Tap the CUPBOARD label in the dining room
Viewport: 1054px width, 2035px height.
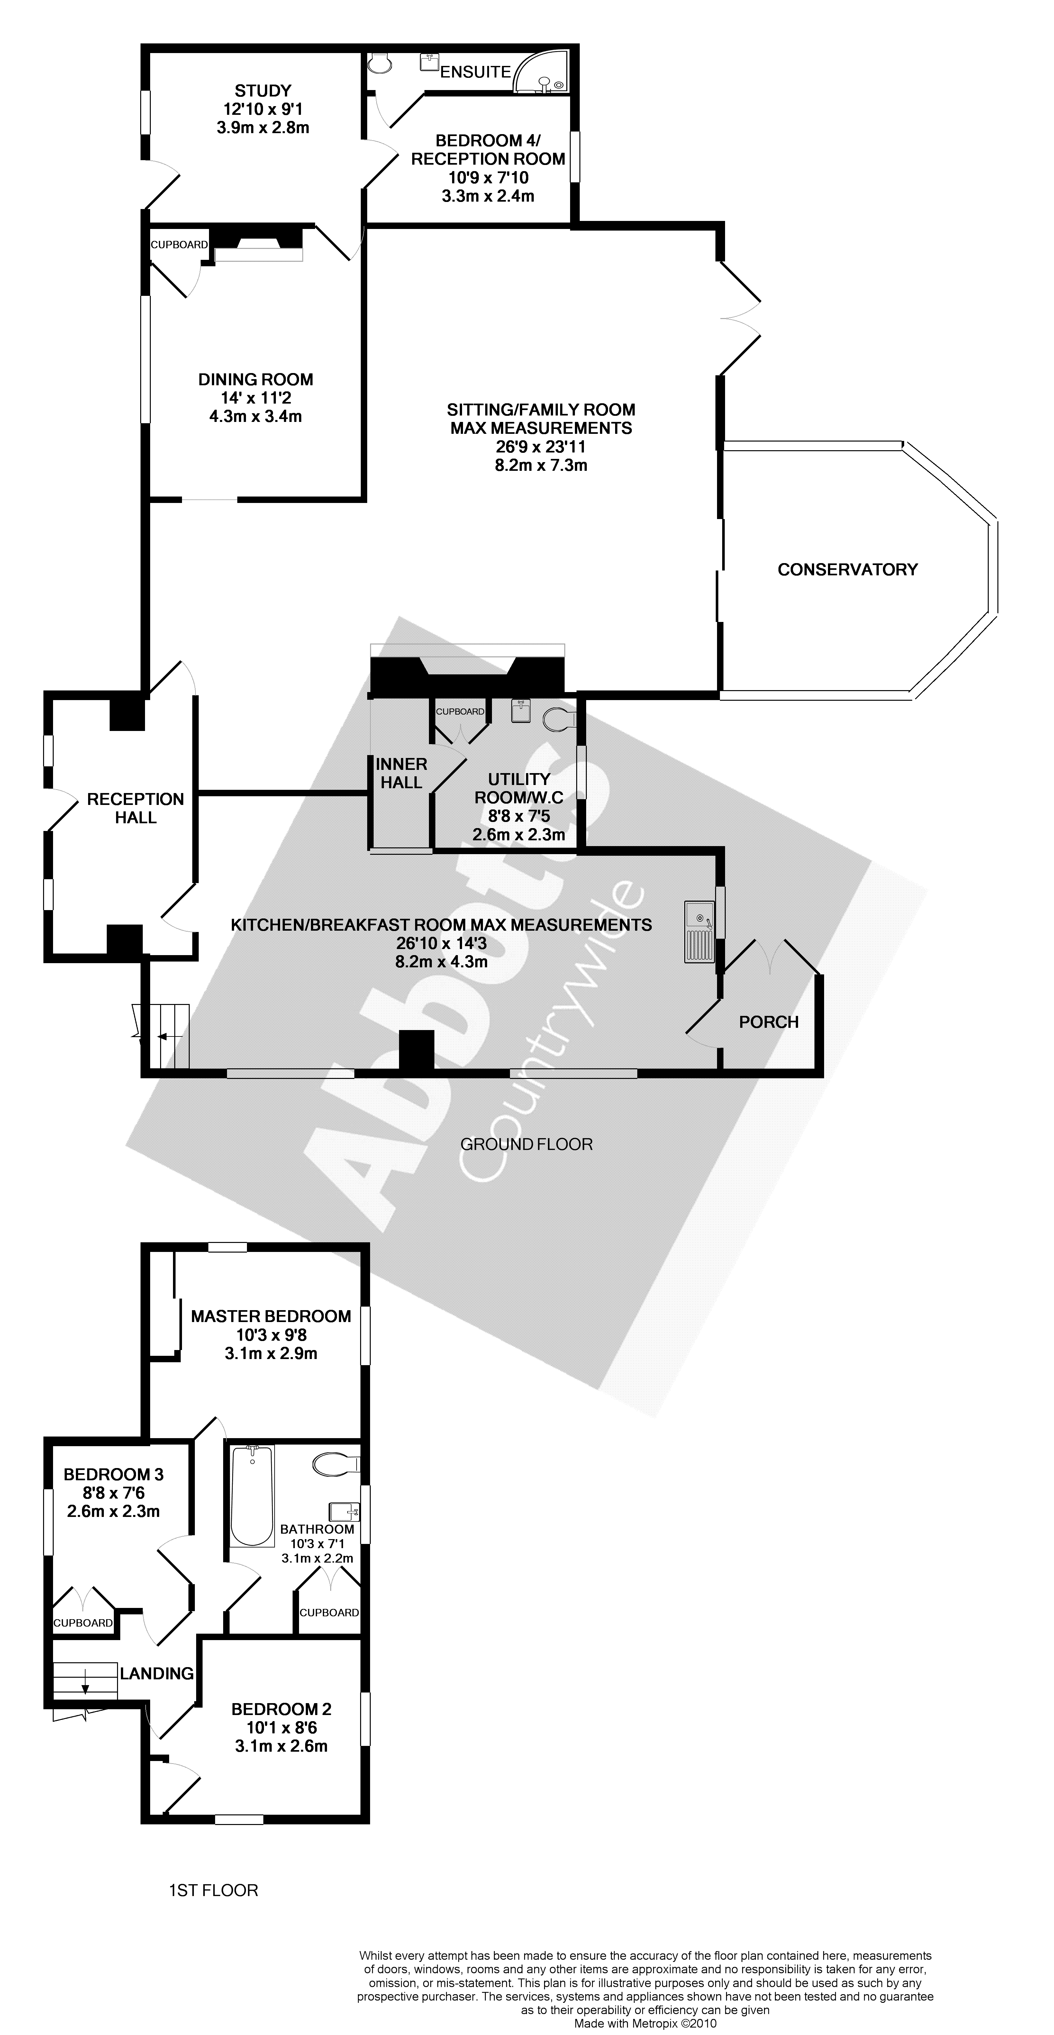click(179, 245)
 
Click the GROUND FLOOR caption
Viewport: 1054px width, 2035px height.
click(526, 1144)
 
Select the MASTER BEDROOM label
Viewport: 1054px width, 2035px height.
click(271, 1316)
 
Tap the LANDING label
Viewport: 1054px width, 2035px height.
click(157, 1673)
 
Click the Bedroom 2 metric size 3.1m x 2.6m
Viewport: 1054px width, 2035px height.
click(281, 1746)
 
